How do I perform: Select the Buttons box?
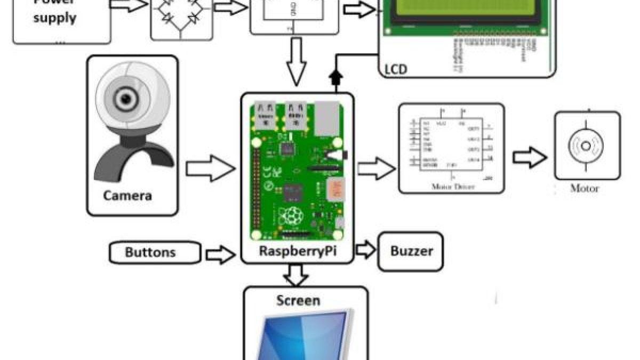(155, 252)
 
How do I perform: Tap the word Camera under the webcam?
(127, 196)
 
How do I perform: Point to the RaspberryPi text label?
(297, 252)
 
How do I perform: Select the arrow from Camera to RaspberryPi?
(210, 169)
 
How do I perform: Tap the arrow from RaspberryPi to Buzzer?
(365, 249)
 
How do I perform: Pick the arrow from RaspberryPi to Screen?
(296, 275)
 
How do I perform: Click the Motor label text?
(585, 188)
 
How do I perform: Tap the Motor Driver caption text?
(452, 188)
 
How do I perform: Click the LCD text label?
(395, 69)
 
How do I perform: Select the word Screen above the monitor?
(298, 300)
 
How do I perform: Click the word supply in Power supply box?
(55, 19)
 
